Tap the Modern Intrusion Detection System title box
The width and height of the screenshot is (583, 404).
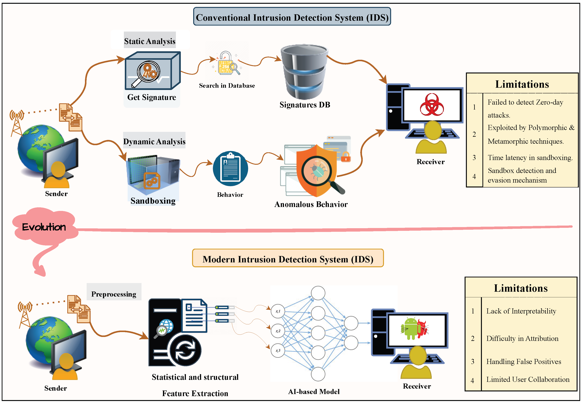tap(288, 258)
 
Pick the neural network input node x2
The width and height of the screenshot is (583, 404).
tap(278, 331)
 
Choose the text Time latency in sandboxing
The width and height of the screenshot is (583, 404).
tap(530, 157)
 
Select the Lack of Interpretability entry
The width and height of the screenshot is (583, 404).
tap(521, 311)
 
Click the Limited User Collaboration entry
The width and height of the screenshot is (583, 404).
tap(527, 379)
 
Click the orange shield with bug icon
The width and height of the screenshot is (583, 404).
tap(316, 170)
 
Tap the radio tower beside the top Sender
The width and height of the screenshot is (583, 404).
tap(17, 123)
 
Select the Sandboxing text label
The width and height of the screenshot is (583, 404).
tap(153, 200)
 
